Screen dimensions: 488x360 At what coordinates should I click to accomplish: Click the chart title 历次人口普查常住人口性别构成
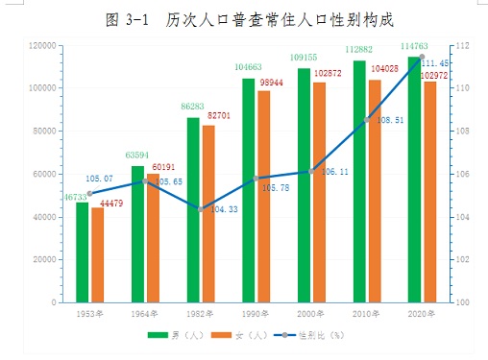280,20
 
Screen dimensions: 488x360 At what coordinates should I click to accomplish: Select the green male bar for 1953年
83,252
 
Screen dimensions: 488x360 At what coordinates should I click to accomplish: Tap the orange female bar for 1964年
153,238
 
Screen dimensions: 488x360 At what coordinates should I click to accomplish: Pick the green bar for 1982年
193,210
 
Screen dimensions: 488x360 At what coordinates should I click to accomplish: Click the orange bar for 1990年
264,197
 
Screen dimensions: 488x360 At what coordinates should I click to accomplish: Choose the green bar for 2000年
304,185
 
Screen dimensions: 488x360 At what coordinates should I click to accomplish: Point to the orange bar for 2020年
430,192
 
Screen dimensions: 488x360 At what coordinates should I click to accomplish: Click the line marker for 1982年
201,209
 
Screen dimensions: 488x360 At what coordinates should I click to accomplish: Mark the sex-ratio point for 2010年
367,120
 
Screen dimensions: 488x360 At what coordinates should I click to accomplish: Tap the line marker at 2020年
422,57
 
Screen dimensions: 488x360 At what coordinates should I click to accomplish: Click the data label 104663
248,67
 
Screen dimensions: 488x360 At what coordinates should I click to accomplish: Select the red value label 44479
111,204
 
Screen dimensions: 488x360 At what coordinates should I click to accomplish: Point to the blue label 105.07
99,179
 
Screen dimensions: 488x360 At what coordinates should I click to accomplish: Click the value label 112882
359,49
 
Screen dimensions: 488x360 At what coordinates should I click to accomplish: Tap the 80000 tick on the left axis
44,131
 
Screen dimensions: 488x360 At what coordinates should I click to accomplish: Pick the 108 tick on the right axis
463,131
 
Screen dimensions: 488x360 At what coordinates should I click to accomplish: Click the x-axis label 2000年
310,314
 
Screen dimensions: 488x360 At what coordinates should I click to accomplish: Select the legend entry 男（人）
176,335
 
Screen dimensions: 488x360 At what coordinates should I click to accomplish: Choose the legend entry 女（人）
239,335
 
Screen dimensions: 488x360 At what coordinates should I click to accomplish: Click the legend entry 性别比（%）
309,335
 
